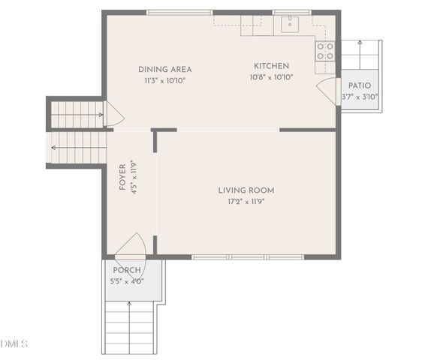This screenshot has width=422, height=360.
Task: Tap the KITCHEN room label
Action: pyautogui.click(x=271, y=66)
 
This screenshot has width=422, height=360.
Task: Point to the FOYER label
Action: pyautogui.click(x=123, y=177)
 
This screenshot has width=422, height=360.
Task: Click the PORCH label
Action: pyautogui.click(x=126, y=270)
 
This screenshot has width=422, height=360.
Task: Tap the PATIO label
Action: pyautogui.click(x=360, y=85)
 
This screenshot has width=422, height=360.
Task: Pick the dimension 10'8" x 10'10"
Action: pyautogui.click(x=271, y=76)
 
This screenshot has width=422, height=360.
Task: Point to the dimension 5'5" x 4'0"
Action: pyautogui.click(x=126, y=281)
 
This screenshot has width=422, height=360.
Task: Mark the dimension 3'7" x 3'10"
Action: pyautogui.click(x=360, y=96)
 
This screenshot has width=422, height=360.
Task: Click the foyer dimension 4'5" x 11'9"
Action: pyautogui.click(x=134, y=177)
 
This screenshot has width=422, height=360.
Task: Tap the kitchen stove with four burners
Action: pyautogui.click(x=325, y=51)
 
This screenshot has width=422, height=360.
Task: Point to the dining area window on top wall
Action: pyautogui.click(x=179, y=12)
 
